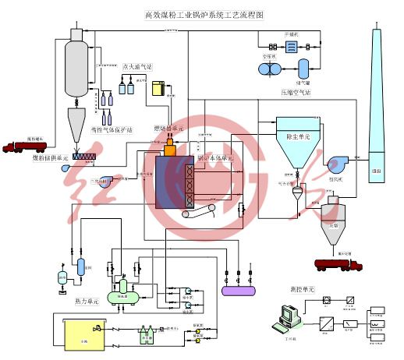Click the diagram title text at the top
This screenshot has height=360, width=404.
click(204, 14)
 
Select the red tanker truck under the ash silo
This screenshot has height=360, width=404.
click(338, 264)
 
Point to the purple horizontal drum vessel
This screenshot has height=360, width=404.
click(239, 290)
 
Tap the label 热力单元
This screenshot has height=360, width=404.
click(86, 300)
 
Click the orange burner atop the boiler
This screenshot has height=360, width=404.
click(171, 144)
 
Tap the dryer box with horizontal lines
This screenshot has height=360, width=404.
click(291, 48)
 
